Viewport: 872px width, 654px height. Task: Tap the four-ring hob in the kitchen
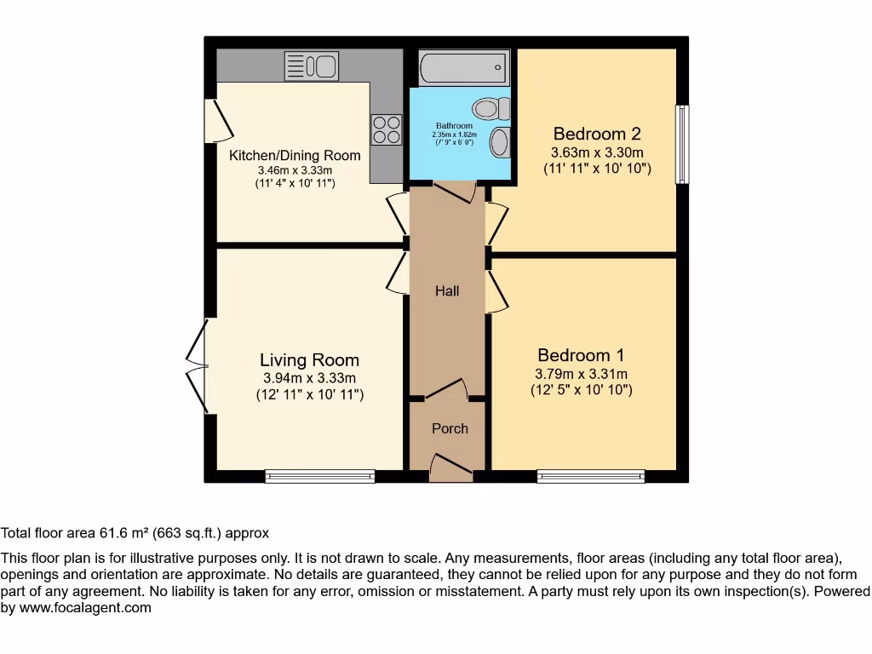386,129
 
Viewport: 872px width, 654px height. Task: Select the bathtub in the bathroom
463,66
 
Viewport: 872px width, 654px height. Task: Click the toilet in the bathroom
492,108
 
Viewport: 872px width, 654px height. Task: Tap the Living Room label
309,360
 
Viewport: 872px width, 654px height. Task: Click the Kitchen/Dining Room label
295,156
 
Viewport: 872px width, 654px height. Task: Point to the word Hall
447,291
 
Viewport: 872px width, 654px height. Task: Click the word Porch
450,428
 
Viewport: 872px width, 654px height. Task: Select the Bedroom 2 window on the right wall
682,144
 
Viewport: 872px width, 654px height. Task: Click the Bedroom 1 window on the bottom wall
591,476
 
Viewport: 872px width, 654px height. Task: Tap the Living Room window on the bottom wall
319,476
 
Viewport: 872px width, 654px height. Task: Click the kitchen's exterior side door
217,121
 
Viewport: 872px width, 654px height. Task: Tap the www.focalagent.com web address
84,608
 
